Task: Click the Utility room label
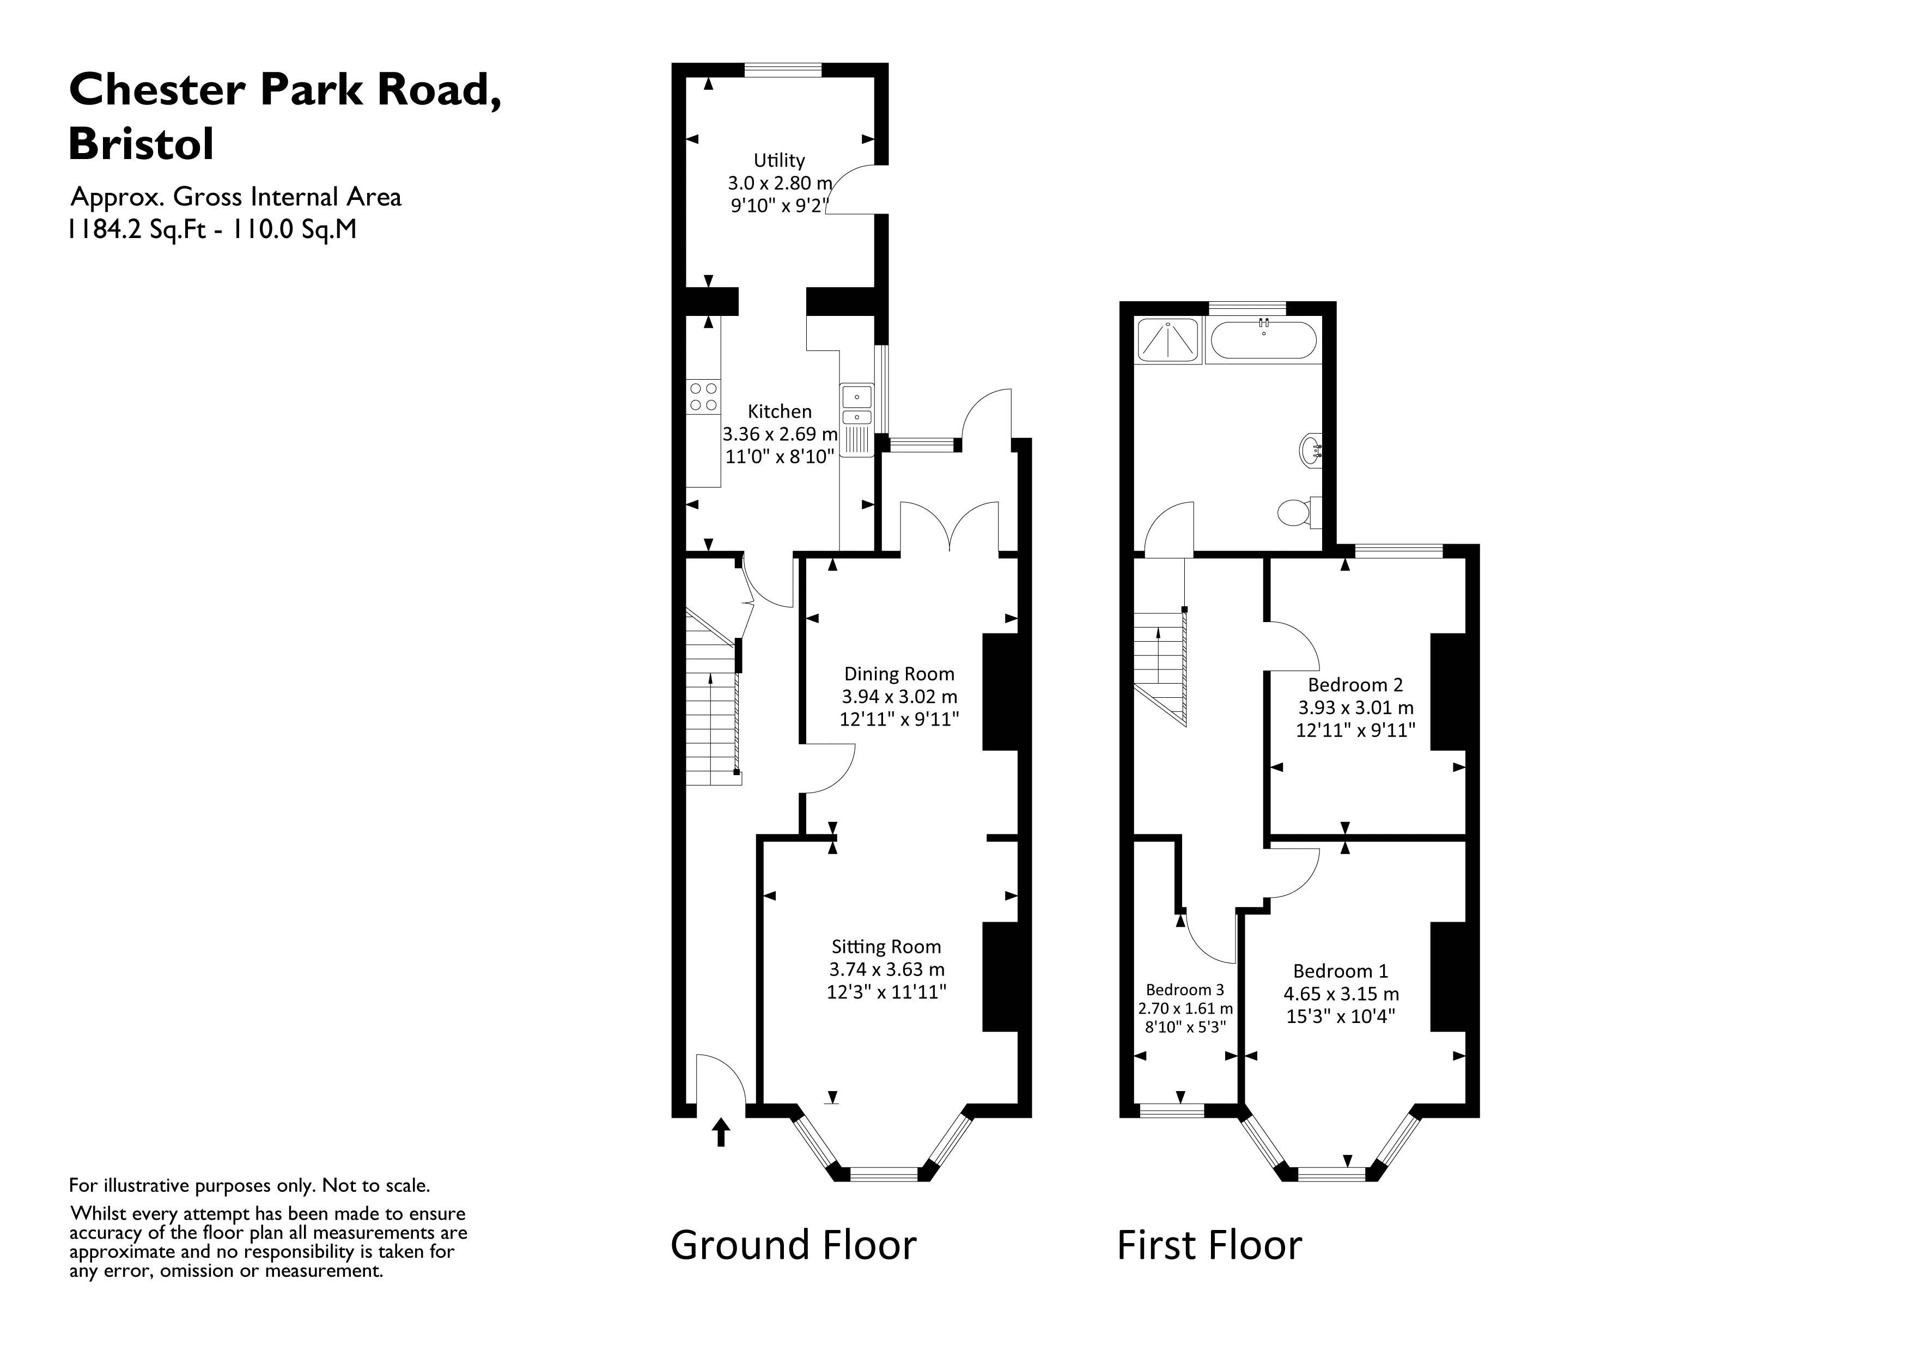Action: (779, 160)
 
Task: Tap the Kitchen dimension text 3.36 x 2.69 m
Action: (779, 434)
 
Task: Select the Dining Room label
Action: (899, 673)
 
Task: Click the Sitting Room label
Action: (886, 947)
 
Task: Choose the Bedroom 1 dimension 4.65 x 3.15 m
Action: (1341, 994)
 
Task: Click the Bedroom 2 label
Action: (1355, 685)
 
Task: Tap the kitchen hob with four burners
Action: (703, 396)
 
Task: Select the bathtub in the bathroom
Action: (1263, 340)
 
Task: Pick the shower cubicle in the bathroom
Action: (1168, 340)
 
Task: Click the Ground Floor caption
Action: (793, 1245)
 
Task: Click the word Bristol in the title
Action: (142, 143)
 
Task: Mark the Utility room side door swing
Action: (850, 190)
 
